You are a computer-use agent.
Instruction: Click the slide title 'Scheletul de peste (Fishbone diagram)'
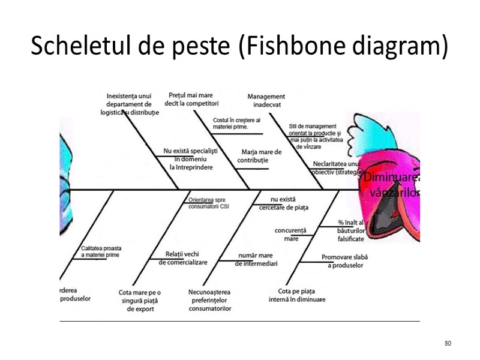click(x=239, y=46)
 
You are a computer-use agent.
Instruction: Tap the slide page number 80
click(x=448, y=343)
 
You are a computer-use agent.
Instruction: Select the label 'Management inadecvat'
click(x=266, y=100)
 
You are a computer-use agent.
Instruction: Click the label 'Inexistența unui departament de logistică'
click(x=130, y=104)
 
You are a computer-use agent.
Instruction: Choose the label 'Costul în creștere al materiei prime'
click(x=236, y=124)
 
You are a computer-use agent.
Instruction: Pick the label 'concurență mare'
click(x=290, y=234)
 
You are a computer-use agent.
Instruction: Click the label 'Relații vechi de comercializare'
click(x=183, y=258)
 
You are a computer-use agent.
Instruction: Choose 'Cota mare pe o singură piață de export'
click(x=140, y=301)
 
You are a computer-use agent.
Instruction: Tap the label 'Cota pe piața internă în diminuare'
click(x=297, y=295)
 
